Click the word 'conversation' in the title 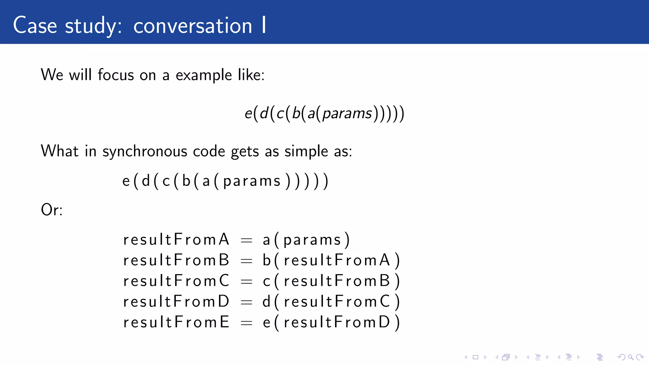[x=192, y=26]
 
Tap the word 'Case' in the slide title [x=35, y=25]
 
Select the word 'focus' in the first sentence [x=116, y=75]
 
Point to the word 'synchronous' [x=145, y=151]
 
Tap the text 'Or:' [x=52, y=210]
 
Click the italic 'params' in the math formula [x=347, y=113]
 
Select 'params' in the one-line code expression [x=252, y=181]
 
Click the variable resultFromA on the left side [x=176, y=240]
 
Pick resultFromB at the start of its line [x=176, y=260]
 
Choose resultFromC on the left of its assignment [x=176, y=281]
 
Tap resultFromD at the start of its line [x=176, y=301]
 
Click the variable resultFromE [x=176, y=322]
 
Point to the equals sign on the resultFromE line [x=246, y=323]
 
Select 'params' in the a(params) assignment [x=312, y=240]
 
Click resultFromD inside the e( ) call [x=337, y=322]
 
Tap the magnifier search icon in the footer [x=631, y=357]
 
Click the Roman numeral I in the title [x=264, y=25]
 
